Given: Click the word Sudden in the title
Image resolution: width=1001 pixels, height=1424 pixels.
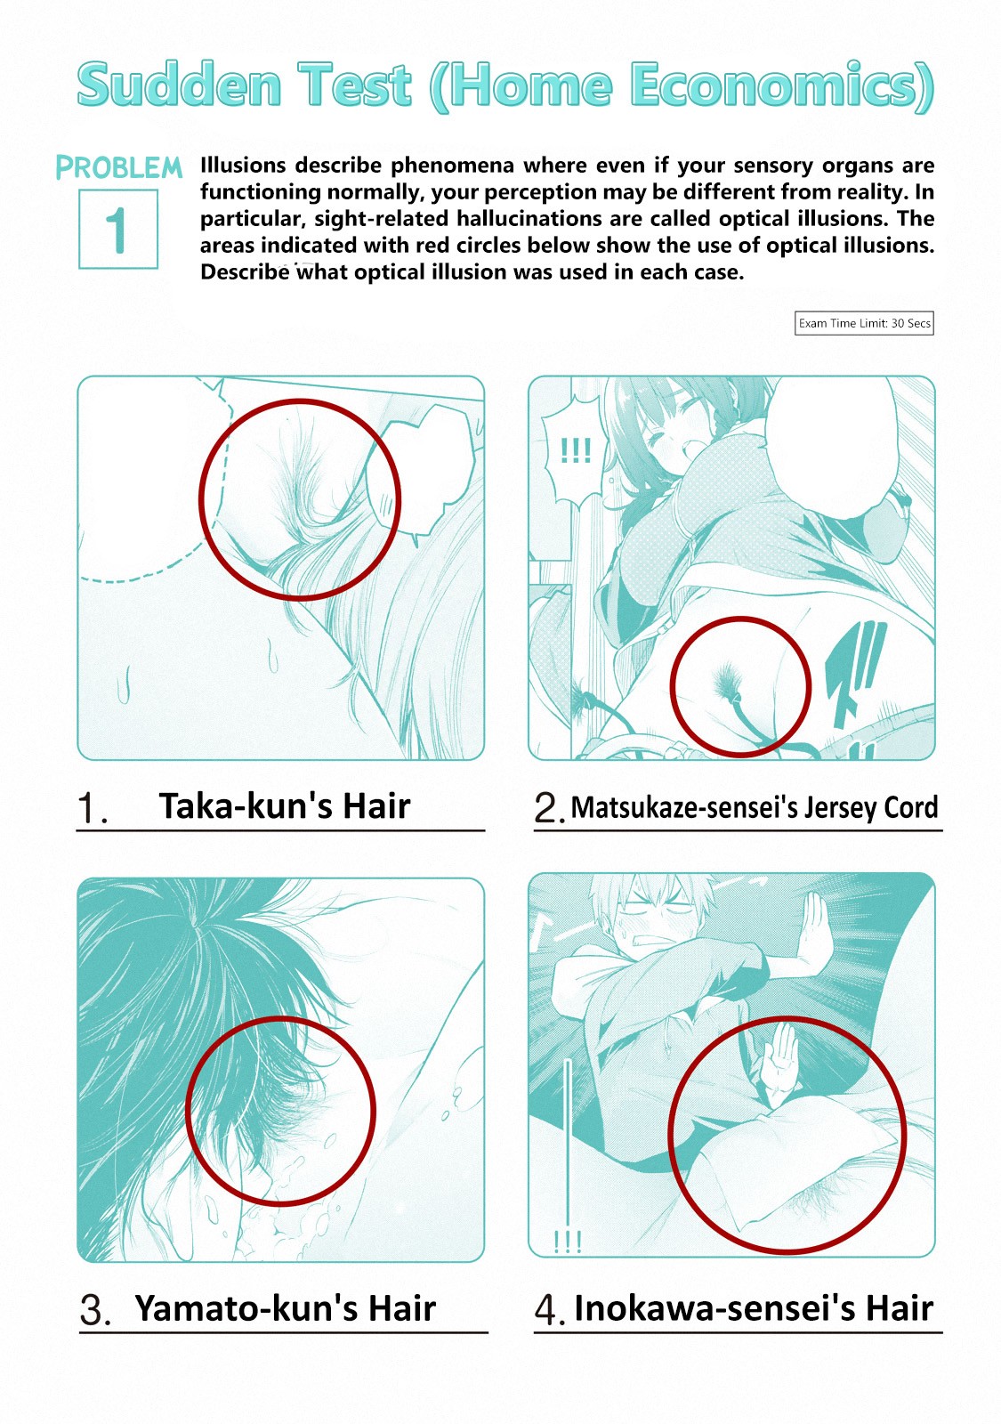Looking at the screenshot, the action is pos(179,85).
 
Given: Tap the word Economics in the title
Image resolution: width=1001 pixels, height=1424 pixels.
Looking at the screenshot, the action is pos(774,85).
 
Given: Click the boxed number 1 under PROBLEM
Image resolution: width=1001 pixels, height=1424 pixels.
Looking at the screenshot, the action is pos(118,229).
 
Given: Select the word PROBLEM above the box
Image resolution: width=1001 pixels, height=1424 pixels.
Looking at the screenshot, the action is pos(119,167).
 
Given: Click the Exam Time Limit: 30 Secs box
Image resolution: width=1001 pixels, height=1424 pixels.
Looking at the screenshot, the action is pos(864,323).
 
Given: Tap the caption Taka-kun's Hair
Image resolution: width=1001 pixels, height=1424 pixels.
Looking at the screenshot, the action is pos(284,806).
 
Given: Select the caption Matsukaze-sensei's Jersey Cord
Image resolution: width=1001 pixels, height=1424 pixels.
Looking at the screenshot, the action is pos(755,807).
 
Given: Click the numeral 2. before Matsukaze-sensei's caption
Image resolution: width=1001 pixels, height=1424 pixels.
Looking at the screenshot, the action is pos(549,809).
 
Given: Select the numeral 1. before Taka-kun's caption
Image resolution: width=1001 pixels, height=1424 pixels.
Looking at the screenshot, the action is pos(93,809).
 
